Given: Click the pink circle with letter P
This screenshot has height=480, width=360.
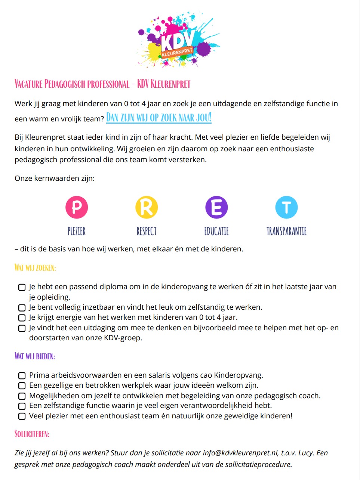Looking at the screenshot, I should coord(77,207).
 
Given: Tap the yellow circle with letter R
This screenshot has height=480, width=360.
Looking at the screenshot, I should coord(147,207).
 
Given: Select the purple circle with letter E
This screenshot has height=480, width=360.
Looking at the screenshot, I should coord(216,207).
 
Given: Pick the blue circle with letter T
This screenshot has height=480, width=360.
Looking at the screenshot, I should coord(286,207).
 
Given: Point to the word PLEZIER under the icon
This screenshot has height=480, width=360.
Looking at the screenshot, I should coord(77,231).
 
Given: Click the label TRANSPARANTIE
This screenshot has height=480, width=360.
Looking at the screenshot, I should coord(286,231).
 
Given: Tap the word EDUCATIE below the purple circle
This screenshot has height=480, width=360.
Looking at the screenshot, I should coord(216,231).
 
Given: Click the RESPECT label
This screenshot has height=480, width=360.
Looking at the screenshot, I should coord(147,231).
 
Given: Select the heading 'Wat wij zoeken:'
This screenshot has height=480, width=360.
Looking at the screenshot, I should coord(35,268).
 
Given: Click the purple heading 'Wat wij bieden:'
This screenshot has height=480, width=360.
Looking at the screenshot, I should coord(35,356).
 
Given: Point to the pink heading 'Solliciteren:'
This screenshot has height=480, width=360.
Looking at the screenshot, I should coord(32,434).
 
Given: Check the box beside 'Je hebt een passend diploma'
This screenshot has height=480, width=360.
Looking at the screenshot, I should coord(22,287).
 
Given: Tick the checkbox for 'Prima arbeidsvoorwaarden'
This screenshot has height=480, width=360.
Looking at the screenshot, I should coord(22,375).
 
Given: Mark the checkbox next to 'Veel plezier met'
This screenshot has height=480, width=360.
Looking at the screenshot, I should coord(22,416).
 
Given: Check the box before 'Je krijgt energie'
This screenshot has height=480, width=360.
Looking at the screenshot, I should coord(22,318).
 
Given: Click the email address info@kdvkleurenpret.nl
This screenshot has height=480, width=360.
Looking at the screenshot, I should coord(240,453).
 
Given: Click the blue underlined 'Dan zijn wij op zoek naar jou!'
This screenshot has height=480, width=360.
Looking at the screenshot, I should coord(159,118).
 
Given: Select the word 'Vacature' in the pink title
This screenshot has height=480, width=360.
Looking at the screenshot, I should coord(28,84).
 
